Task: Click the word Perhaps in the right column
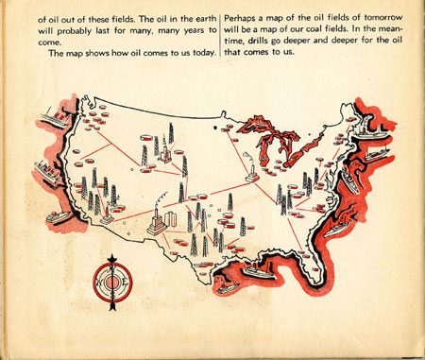[244, 19]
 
